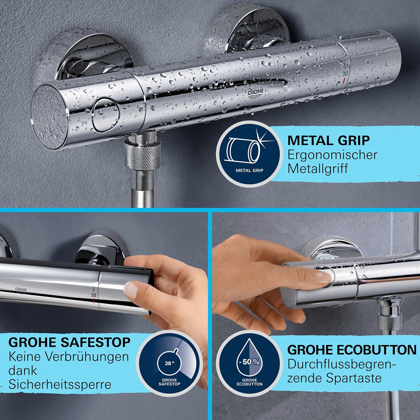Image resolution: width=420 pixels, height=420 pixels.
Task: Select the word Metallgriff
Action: (x=318, y=169)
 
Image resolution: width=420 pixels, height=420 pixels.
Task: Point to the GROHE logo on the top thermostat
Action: (x=256, y=93)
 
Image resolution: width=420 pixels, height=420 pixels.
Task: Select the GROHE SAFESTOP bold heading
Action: (x=69, y=342)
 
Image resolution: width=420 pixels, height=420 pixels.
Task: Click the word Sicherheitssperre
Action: (x=60, y=384)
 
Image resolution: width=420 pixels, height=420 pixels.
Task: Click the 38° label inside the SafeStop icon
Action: (x=169, y=363)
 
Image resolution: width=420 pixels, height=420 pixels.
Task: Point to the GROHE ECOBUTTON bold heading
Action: (x=352, y=350)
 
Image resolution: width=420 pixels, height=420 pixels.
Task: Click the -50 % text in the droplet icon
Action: (x=249, y=362)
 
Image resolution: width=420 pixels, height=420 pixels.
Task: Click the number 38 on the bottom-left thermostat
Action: (x=93, y=295)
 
